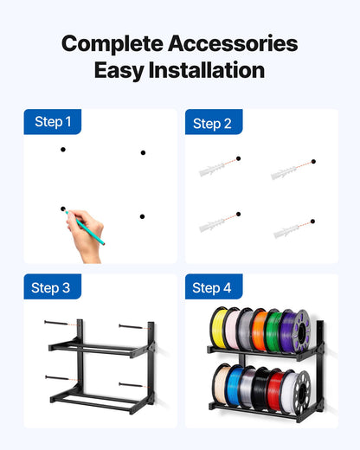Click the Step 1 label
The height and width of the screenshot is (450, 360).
click(52, 122)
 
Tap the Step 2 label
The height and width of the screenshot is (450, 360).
click(212, 124)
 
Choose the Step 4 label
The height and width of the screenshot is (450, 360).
click(212, 287)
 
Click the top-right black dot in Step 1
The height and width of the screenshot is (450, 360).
click(143, 152)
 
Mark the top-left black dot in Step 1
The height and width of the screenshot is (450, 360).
click(62, 150)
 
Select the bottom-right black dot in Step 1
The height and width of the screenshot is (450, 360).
click(142, 216)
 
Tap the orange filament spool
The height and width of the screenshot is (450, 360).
click(258, 329)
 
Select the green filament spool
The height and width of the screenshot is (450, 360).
click(273, 329)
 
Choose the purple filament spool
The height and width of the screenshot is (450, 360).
click(288, 329)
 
